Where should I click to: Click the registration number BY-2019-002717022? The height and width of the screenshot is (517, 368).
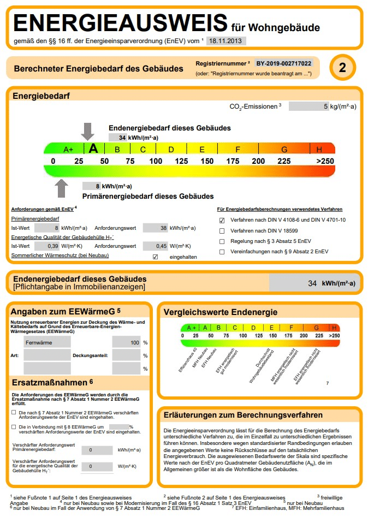coord(284,63)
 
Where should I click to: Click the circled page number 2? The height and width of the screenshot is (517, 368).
coord(342,68)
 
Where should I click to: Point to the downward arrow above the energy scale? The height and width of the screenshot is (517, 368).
coord(87,132)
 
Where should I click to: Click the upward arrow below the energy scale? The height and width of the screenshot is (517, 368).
coord(62,188)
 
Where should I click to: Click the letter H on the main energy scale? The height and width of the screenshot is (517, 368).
coord(319,149)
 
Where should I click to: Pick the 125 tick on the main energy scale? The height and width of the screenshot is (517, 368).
coord(181,161)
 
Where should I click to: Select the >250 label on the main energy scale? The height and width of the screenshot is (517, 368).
coord(325,161)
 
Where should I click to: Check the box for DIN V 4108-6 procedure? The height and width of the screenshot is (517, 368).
coord(222,221)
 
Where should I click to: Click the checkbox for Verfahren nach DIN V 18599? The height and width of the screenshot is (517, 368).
coord(222,231)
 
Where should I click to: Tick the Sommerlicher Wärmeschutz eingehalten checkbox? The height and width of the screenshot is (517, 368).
coord(155,257)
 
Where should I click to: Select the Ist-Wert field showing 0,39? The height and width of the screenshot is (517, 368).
coord(47,246)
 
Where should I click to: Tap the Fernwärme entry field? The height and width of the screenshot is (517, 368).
coord(47,342)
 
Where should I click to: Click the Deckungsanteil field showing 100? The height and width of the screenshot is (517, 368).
coord(126,342)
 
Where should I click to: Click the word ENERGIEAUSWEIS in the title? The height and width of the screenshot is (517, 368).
coord(119,23)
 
